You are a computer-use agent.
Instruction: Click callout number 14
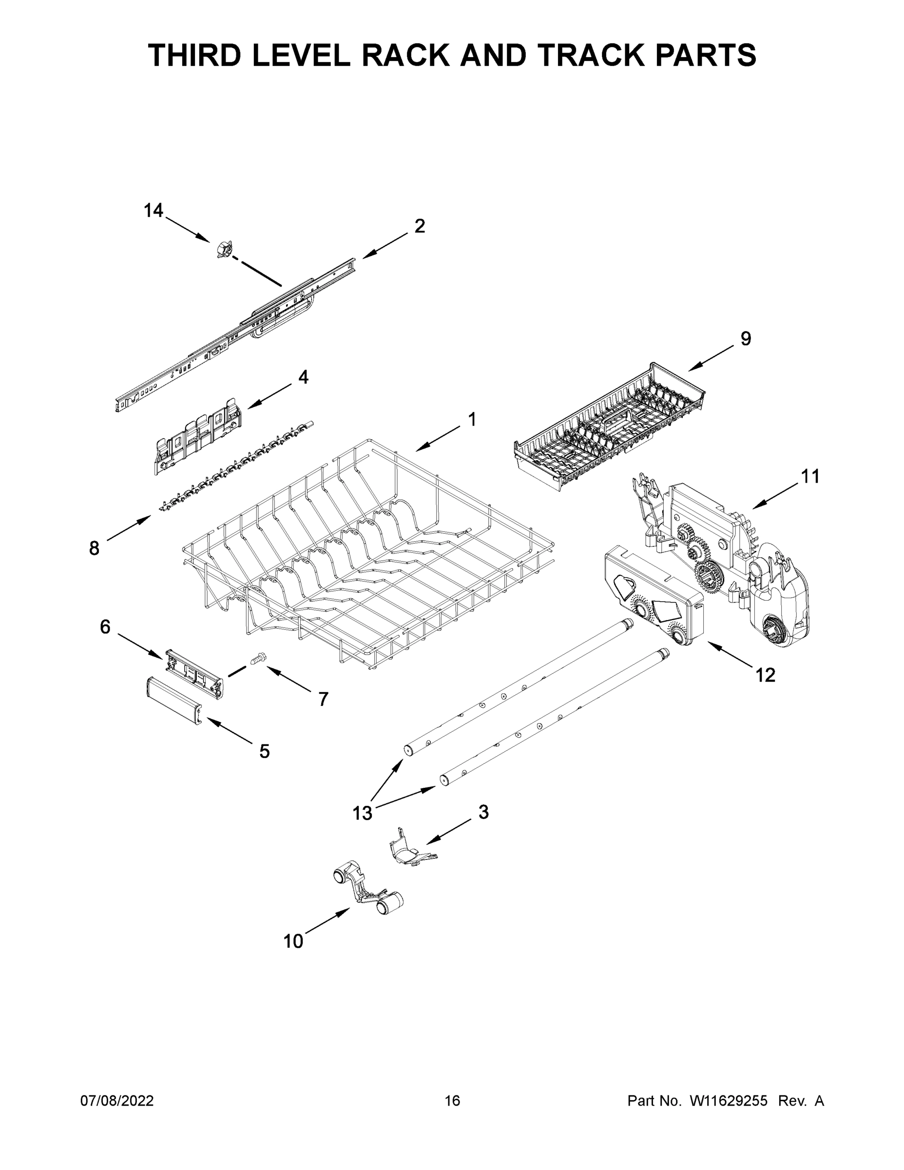point(153,211)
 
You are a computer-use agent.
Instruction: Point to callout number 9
point(746,339)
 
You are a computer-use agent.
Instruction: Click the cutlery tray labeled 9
point(611,426)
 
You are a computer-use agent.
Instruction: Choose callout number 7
point(323,699)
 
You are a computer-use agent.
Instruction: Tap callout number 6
point(105,626)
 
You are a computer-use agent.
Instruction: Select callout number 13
point(362,813)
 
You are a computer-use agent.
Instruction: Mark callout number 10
point(293,941)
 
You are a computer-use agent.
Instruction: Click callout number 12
point(765,676)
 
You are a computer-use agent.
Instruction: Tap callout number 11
point(810,476)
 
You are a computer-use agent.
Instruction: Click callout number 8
point(94,548)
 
